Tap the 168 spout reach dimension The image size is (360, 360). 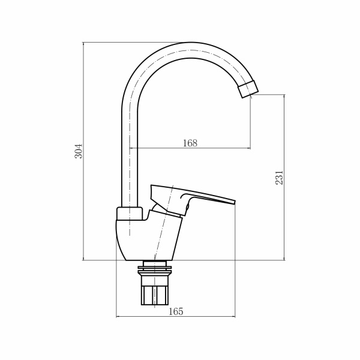tap(190, 143)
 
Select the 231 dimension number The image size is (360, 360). tap(279, 178)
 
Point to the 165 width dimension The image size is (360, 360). tap(176, 311)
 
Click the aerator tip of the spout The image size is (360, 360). tap(248, 90)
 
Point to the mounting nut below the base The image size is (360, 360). tap(154, 294)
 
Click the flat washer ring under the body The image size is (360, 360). tap(154, 264)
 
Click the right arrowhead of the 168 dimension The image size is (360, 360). tap(249, 148)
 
